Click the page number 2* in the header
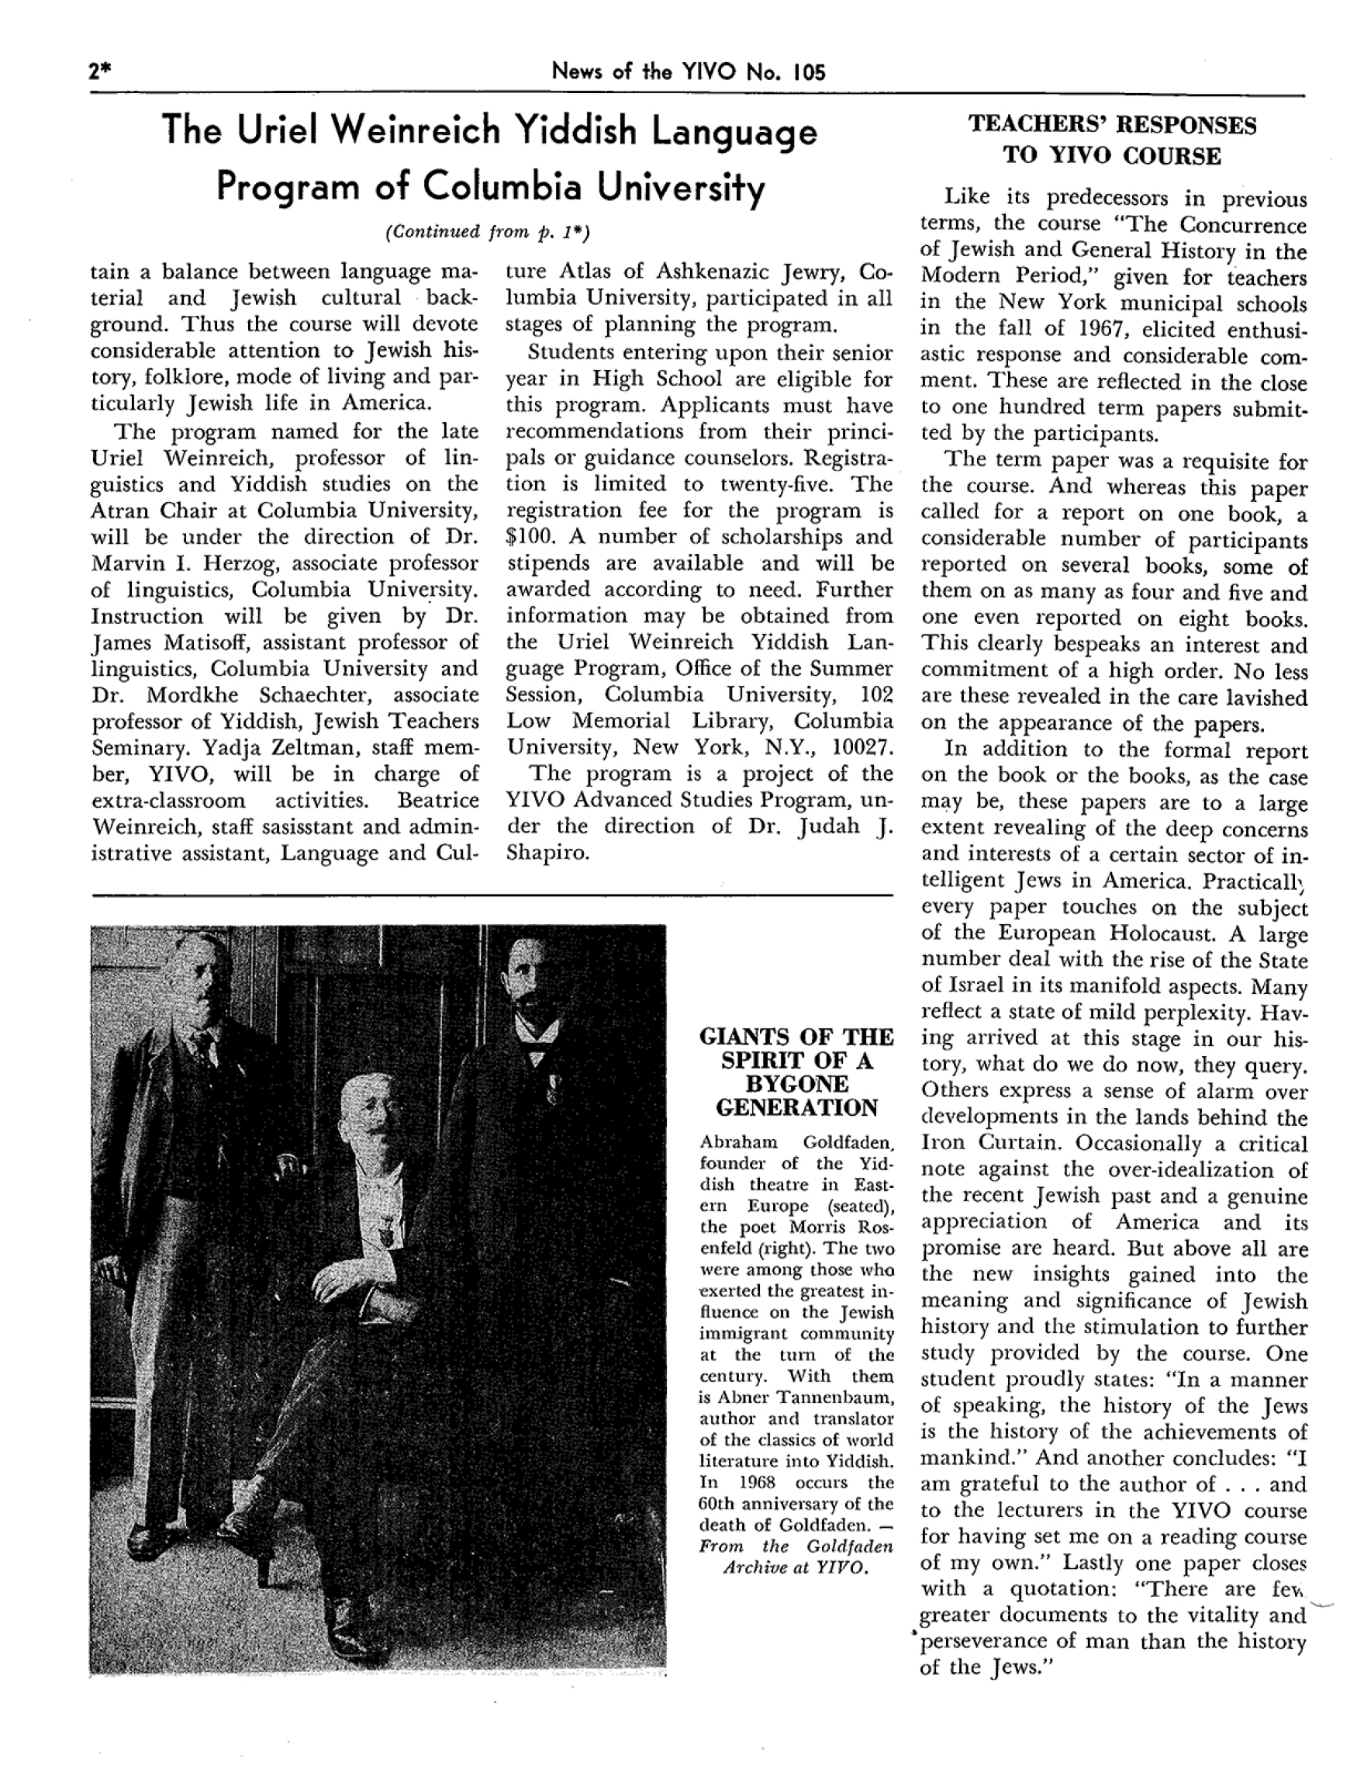pos(99,72)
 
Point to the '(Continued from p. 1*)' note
pos(488,233)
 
